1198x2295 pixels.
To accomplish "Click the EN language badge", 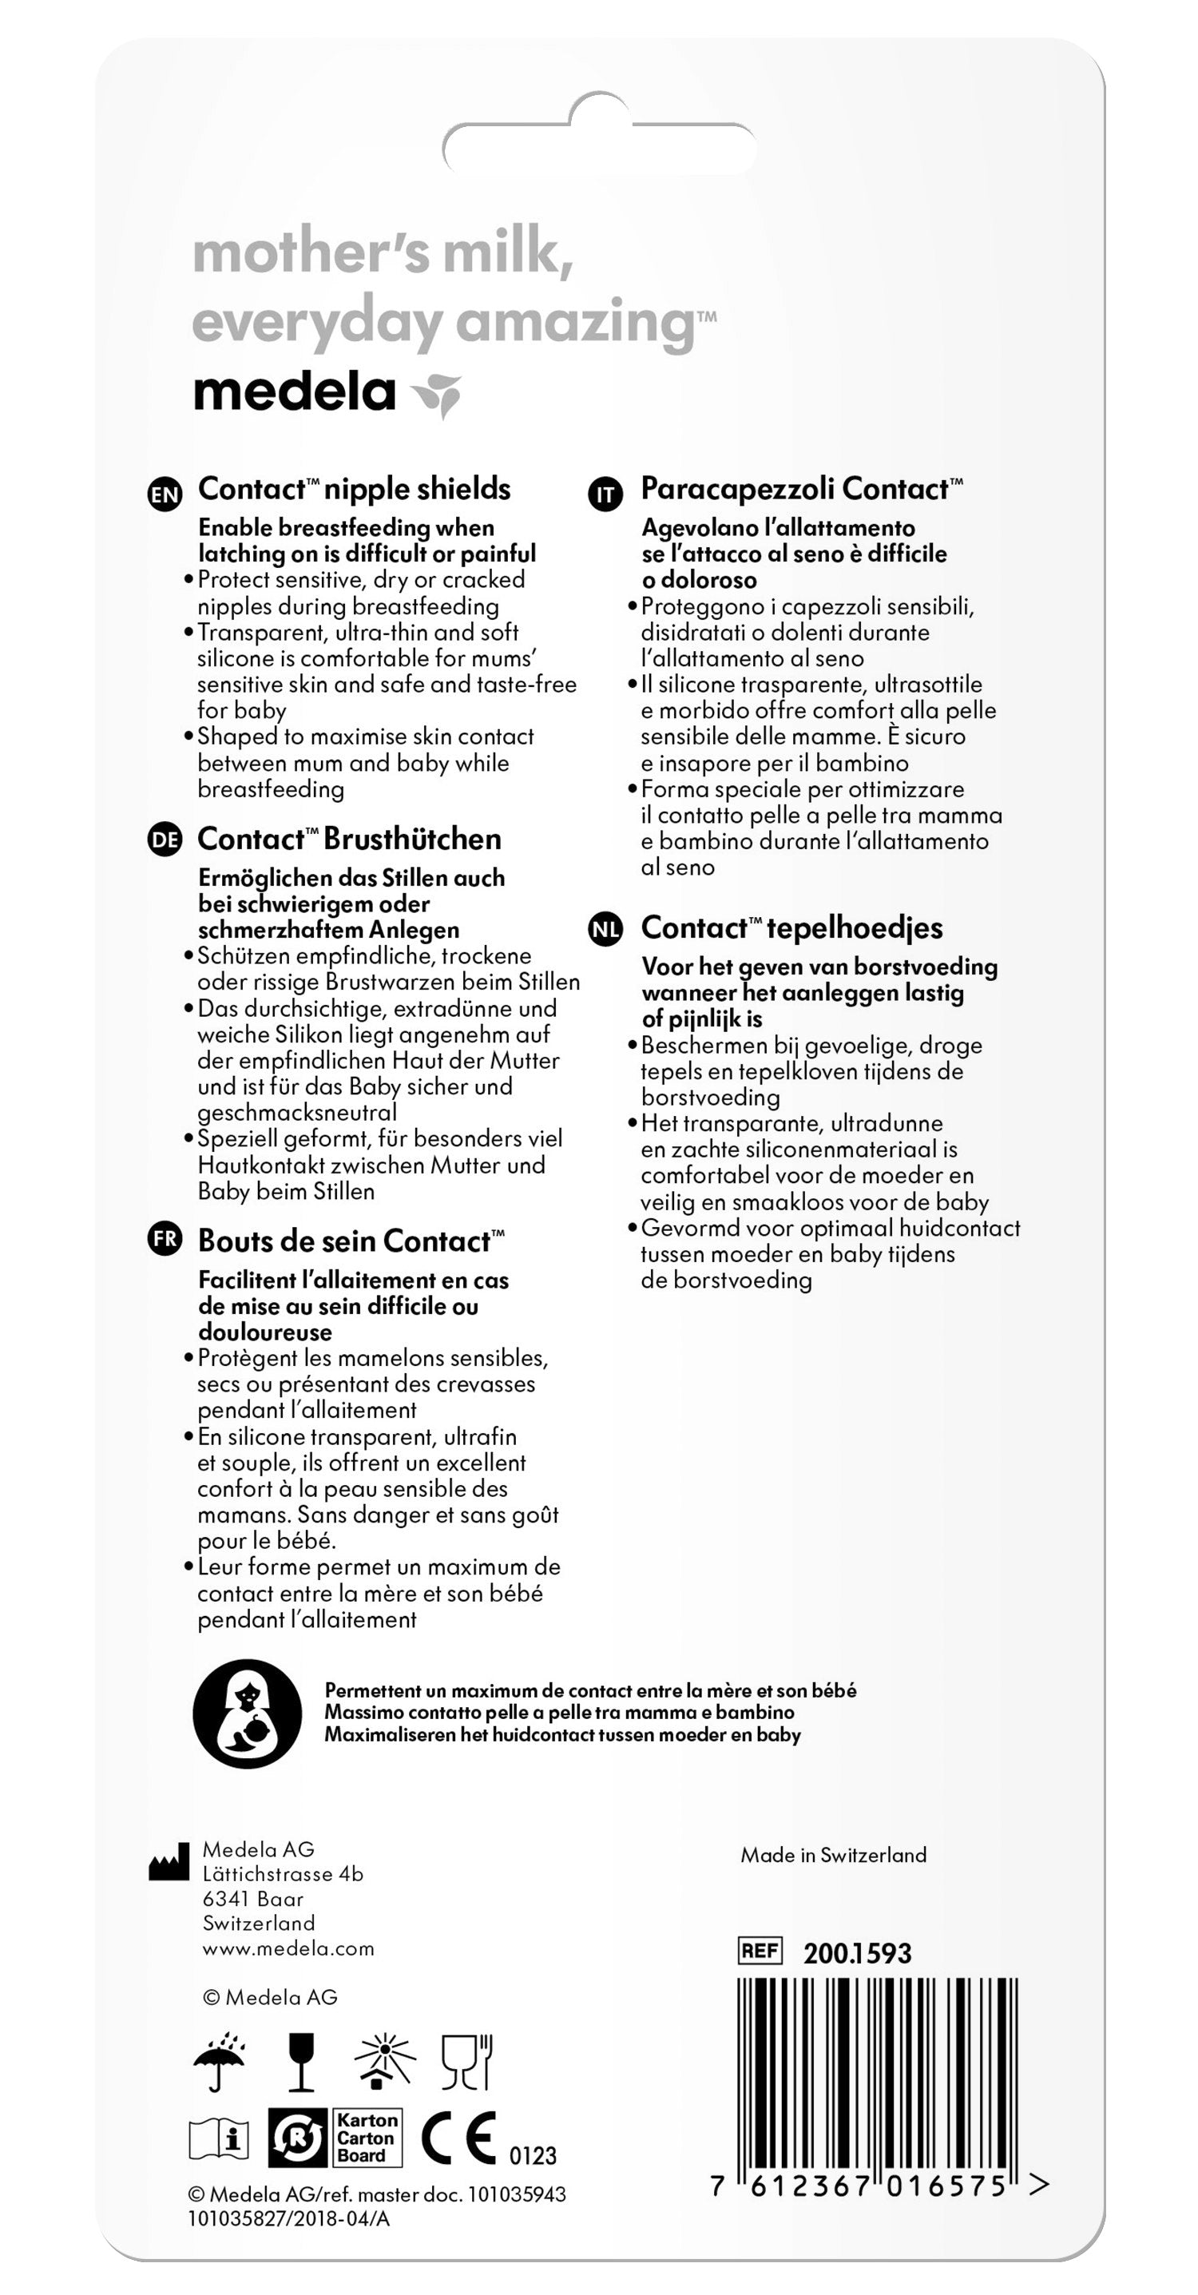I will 165,494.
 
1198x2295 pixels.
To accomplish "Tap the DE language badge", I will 165,840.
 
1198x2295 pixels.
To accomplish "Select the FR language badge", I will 165,1239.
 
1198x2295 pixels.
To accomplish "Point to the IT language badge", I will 605,494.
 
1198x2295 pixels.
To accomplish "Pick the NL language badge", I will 605,930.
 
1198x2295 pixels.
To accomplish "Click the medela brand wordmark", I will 295,393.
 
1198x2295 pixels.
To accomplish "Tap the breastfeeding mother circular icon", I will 247,1713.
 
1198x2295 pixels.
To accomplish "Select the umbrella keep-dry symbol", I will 220,2061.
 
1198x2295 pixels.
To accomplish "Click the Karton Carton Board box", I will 365,2138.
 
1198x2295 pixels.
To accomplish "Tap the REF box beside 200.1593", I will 760,1950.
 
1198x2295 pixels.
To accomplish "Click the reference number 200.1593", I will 857,1953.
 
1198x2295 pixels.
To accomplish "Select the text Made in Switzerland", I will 833,1855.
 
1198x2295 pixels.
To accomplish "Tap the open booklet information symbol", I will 219,2138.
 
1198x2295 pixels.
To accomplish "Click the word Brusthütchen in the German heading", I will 411,840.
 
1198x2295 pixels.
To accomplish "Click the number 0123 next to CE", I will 533,2155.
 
